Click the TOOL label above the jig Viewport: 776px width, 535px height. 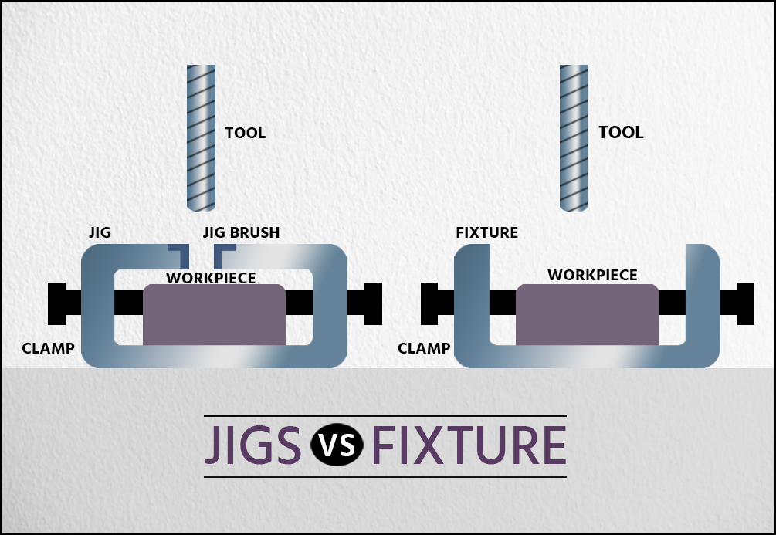[245, 133]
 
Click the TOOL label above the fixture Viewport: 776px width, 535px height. [621, 132]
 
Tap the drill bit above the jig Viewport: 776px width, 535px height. [201, 138]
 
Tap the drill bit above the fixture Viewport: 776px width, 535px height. [574, 138]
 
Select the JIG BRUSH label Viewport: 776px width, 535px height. [241, 232]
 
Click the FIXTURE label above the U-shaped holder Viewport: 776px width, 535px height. [486, 232]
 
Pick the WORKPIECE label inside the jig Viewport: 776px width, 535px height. [211, 277]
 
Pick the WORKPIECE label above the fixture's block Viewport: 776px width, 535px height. [592, 275]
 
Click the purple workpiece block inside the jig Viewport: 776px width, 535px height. [214, 314]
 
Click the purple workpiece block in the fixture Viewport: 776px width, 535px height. [588, 314]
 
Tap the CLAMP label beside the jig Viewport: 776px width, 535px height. [48, 348]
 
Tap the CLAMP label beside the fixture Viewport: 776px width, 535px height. [424, 348]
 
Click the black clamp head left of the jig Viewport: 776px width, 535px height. [56, 303]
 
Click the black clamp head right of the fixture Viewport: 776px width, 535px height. [746, 303]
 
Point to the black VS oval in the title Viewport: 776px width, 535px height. [336, 446]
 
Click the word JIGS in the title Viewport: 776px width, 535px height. [252, 446]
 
